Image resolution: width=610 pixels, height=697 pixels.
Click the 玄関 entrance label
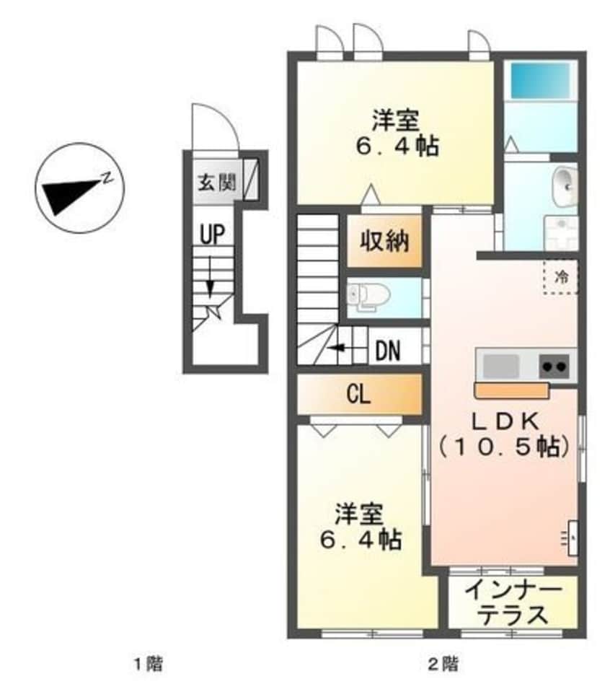click(x=217, y=183)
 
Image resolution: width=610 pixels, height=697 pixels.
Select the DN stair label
click(x=388, y=351)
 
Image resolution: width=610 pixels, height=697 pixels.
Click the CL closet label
click(x=358, y=394)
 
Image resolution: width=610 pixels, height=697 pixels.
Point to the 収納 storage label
click(x=384, y=242)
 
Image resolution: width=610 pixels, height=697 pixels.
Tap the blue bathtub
click(x=540, y=81)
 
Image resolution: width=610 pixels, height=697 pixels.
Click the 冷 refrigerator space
click(x=561, y=277)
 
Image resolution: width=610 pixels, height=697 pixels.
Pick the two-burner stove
click(x=554, y=367)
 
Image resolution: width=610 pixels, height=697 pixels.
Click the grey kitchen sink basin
click(x=500, y=367)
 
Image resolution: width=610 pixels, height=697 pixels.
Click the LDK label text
click(x=505, y=422)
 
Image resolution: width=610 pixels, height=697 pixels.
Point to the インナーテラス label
click(x=513, y=604)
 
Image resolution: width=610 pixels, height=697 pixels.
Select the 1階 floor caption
click(x=149, y=665)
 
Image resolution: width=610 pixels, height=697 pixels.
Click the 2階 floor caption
click(x=443, y=665)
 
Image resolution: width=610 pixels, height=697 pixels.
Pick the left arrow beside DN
click(x=339, y=347)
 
